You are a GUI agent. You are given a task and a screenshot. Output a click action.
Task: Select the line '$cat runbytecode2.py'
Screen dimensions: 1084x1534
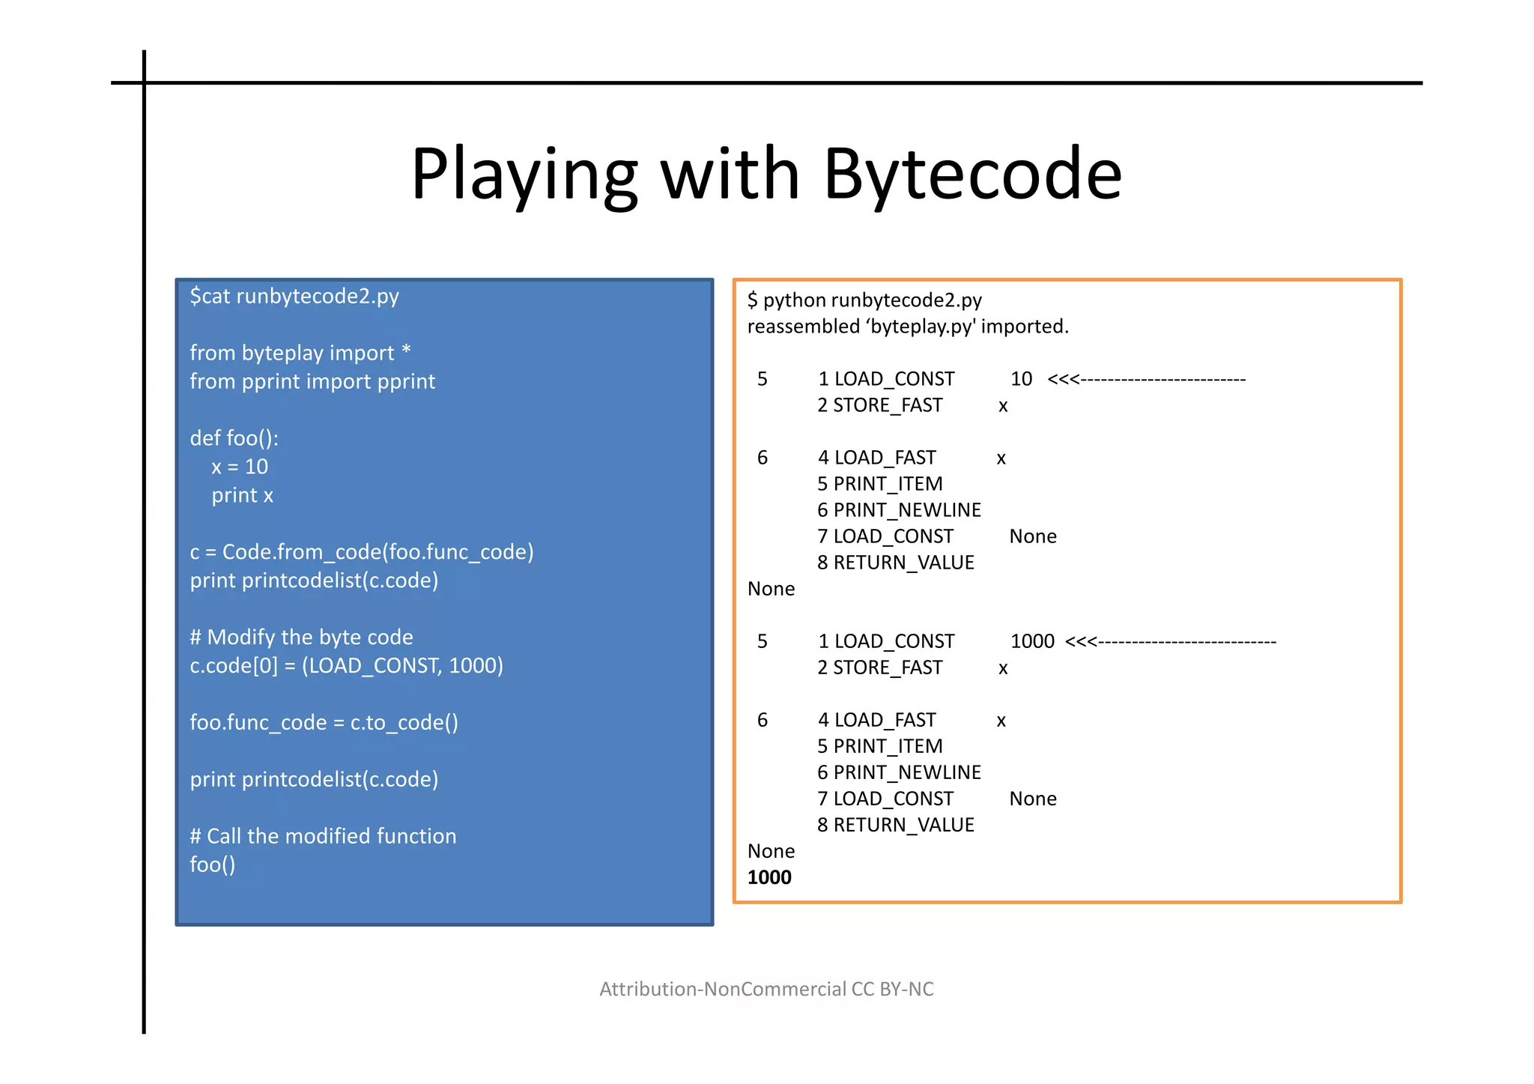294,297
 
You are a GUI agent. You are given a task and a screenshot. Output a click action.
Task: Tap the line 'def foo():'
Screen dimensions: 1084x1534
234,438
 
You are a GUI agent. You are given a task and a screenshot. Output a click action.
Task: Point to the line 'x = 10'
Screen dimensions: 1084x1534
240,467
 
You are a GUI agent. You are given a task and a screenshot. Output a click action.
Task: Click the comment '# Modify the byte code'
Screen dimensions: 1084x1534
301,638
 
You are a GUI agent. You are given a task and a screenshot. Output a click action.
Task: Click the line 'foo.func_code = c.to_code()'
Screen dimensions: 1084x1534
324,723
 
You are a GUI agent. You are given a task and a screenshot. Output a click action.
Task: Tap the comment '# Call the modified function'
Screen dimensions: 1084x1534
323,836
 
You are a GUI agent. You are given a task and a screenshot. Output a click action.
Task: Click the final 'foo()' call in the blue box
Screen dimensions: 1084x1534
213,865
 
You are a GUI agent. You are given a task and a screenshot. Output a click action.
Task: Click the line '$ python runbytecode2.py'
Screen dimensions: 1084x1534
864,300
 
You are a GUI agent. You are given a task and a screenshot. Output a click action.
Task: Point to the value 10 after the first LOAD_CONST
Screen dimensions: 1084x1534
1021,379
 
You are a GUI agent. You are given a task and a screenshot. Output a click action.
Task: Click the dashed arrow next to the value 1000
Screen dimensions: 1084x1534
1170,641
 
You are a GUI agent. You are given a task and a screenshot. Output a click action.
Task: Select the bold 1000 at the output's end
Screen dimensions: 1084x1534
769,877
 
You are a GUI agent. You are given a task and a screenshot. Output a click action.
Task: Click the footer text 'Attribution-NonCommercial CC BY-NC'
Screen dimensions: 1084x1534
766,989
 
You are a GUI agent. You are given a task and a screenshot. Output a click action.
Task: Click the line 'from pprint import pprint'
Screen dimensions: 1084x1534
312,381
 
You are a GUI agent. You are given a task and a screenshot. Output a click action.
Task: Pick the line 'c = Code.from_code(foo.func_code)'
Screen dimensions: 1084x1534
362,552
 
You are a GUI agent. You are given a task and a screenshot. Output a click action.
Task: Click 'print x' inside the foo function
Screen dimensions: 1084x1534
242,495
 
